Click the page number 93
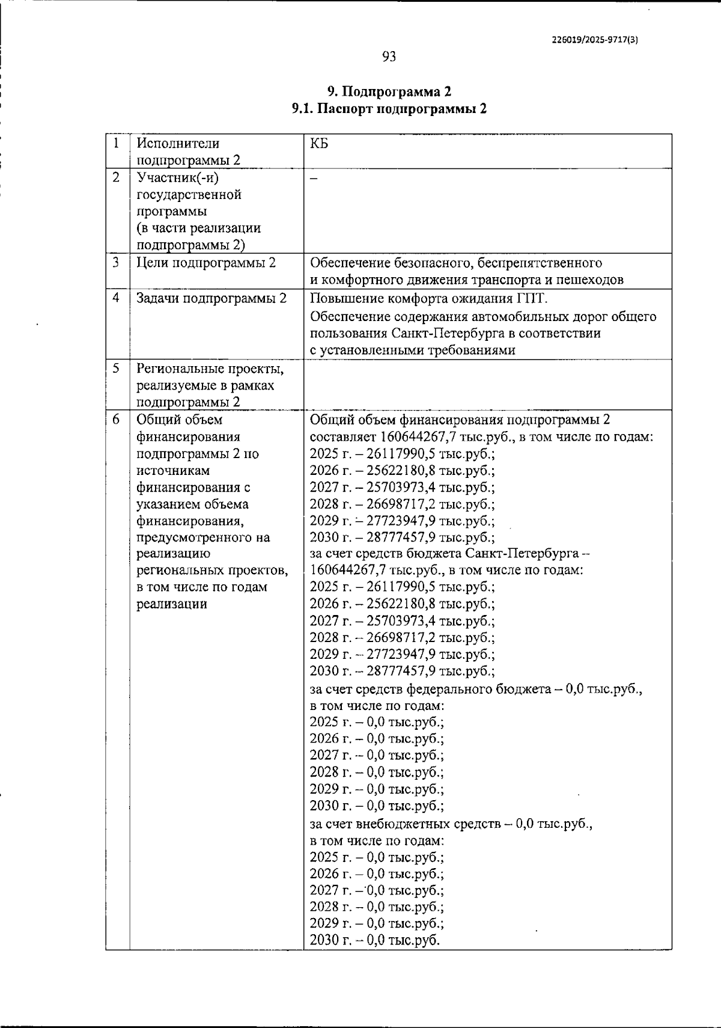[389, 57]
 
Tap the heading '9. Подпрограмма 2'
[389, 91]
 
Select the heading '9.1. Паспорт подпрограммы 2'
[389, 109]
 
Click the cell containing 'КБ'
[319, 144]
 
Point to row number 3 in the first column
[116, 263]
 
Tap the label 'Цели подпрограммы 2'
[206, 263]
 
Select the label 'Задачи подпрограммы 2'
[211, 298]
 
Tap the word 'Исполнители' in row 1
[178, 144]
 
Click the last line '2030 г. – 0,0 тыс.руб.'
[375, 940]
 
